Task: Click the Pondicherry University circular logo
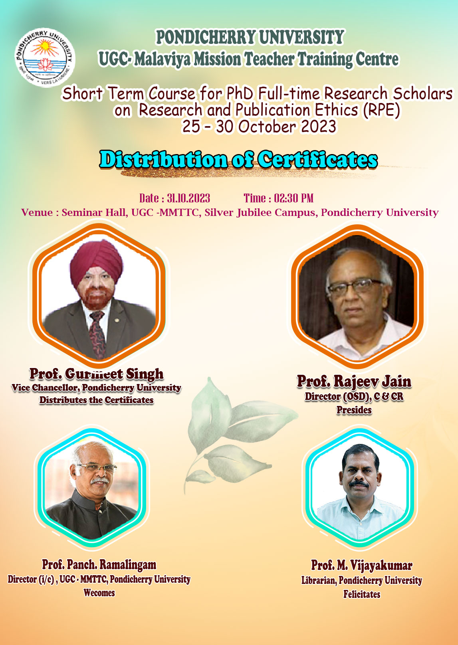point(45,57)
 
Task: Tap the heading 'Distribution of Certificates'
point(238,159)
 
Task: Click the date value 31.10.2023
point(188,198)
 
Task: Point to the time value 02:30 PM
point(293,198)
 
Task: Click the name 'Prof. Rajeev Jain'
point(354,381)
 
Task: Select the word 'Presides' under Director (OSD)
point(354,410)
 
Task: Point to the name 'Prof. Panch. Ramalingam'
point(99,565)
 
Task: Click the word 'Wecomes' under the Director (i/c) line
point(99,593)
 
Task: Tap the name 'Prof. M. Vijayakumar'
point(362,566)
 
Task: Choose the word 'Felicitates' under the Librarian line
point(362,594)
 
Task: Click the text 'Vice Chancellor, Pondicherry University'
point(97,388)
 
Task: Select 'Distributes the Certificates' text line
point(97,400)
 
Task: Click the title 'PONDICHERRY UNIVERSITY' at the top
point(250,37)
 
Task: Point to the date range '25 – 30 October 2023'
point(259,127)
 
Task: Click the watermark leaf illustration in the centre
point(239,432)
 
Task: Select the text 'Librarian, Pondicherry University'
point(362,580)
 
